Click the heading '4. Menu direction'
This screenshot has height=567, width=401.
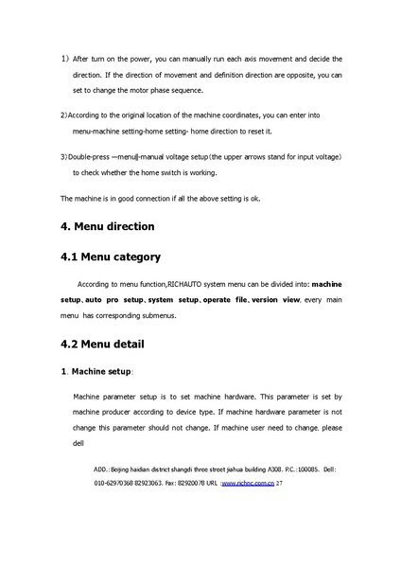click(x=107, y=227)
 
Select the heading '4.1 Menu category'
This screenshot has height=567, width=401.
click(x=110, y=257)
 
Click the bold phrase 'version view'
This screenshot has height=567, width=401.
click(x=277, y=298)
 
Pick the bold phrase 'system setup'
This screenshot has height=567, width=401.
click(x=173, y=298)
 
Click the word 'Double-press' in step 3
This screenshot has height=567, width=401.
click(x=89, y=154)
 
